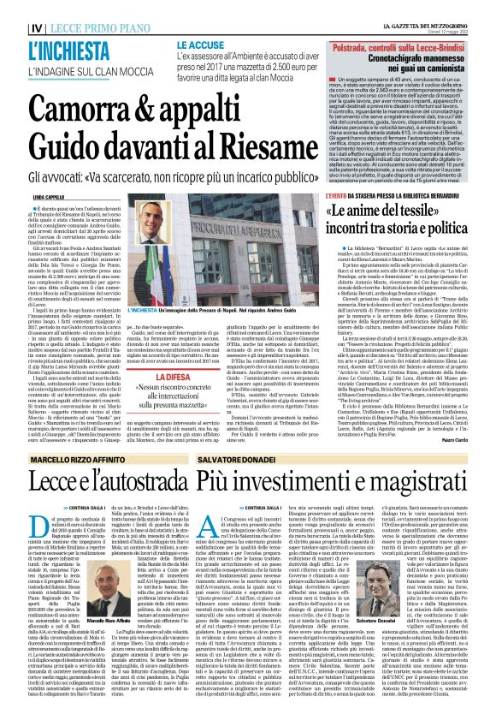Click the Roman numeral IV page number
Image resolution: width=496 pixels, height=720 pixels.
pyautogui.click(x=15, y=9)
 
